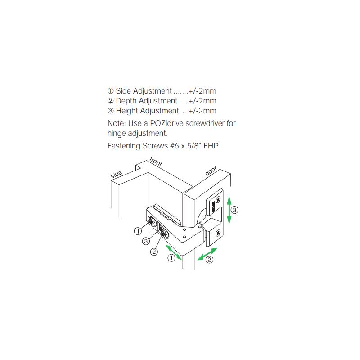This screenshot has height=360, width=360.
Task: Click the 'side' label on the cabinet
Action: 116,174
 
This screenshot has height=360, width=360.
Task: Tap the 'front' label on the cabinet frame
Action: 156,162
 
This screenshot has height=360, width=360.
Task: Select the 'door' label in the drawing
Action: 211,171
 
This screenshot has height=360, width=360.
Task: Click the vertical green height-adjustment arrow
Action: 229,210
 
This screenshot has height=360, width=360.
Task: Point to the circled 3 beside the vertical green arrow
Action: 234,210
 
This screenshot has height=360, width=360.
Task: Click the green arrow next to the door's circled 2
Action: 207,254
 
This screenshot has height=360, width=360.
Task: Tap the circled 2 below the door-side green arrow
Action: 209,260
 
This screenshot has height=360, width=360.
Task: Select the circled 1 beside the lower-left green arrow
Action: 171,258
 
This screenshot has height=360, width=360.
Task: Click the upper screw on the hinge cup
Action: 218,199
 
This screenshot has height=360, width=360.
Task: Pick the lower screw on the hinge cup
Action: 218,233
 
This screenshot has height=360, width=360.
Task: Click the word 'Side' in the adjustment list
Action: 123,91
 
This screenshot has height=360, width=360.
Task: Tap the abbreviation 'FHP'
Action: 211,146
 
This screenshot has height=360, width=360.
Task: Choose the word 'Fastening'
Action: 124,146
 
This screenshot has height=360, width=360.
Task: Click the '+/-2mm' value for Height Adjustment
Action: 202,111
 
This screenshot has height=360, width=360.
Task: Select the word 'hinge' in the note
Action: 117,134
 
